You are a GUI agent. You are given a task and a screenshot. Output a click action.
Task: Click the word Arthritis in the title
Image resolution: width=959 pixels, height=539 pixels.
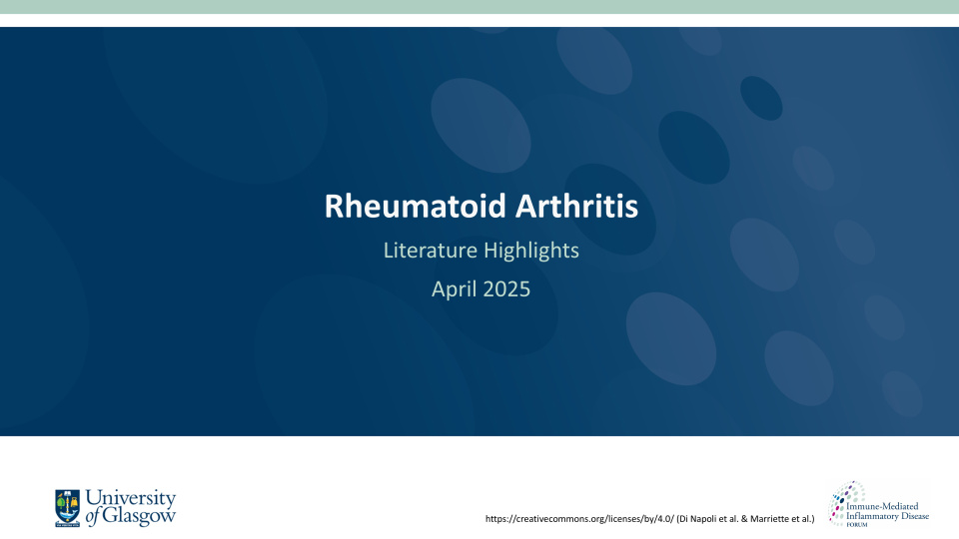coord(576,206)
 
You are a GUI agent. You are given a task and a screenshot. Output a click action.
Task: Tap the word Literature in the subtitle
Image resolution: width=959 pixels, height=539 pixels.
coord(430,250)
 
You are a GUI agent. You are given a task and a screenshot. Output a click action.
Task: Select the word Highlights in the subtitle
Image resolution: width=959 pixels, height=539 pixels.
coord(531,251)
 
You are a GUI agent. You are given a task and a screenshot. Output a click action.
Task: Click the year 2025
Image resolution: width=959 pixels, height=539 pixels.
coord(507,289)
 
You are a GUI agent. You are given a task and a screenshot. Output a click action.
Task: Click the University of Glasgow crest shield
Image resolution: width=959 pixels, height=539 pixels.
coord(67,508)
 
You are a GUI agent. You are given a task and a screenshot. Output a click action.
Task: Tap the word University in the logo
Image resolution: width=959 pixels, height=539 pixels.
coord(131,498)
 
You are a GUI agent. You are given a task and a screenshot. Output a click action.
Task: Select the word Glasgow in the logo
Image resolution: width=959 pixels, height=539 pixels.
coord(139,516)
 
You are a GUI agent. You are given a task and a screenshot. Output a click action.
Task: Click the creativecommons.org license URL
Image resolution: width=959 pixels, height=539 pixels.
coord(579,519)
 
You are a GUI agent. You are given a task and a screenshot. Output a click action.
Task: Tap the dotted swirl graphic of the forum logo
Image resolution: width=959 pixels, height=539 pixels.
coord(843,502)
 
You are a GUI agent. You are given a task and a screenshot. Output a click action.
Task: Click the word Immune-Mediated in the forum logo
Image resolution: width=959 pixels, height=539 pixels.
coord(882,506)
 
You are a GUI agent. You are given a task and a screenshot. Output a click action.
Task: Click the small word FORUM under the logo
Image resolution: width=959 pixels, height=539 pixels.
coord(857,524)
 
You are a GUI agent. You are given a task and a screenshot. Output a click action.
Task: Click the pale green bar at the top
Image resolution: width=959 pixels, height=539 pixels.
coord(479,7)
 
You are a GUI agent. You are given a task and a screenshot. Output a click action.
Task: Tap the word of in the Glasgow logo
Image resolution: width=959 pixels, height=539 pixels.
coord(92,517)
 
